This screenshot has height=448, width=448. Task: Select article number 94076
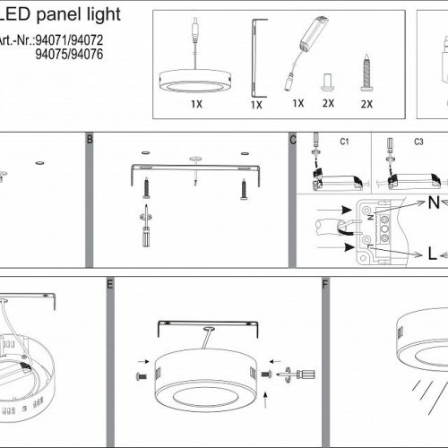(x=87, y=54)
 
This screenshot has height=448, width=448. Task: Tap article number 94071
(x=51, y=40)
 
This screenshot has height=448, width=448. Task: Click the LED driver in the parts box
(x=306, y=53)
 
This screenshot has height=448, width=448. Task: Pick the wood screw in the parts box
(x=366, y=73)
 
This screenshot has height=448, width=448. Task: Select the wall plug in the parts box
(x=327, y=82)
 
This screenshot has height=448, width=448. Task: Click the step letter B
(x=90, y=139)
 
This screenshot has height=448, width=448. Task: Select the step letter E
(x=110, y=284)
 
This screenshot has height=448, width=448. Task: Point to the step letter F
(x=325, y=284)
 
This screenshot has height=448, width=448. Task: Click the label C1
(x=344, y=142)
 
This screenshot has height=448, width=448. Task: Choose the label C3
(x=418, y=142)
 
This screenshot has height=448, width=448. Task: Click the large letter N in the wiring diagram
(x=434, y=202)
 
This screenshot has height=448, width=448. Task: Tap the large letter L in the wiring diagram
(x=432, y=254)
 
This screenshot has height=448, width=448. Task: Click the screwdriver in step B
(x=146, y=226)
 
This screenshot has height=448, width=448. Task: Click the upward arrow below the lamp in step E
(x=265, y=401)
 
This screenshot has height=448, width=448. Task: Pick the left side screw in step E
(x=142, y=376)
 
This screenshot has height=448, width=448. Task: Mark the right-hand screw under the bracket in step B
(x=244, y=189)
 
